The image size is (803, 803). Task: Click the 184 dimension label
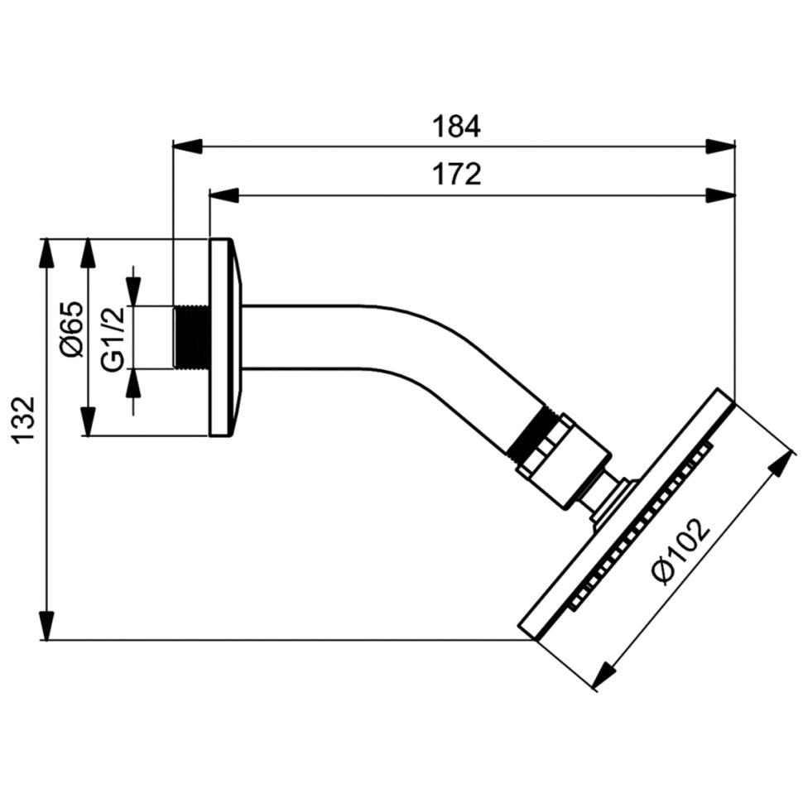pos(456,127)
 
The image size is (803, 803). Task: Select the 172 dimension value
pos(456,175)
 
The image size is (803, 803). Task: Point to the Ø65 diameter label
pos(73,329)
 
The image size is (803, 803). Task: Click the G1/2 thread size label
pos(113,337)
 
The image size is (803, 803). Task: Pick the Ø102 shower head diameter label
pos(680,551)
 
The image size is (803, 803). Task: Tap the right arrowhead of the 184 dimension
pos(720,147)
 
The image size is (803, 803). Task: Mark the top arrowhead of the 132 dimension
pos(47,253)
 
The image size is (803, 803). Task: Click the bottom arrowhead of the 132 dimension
pos(47,625)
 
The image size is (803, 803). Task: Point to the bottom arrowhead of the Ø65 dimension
pos(88,422)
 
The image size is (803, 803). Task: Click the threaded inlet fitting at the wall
pos(192,337)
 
